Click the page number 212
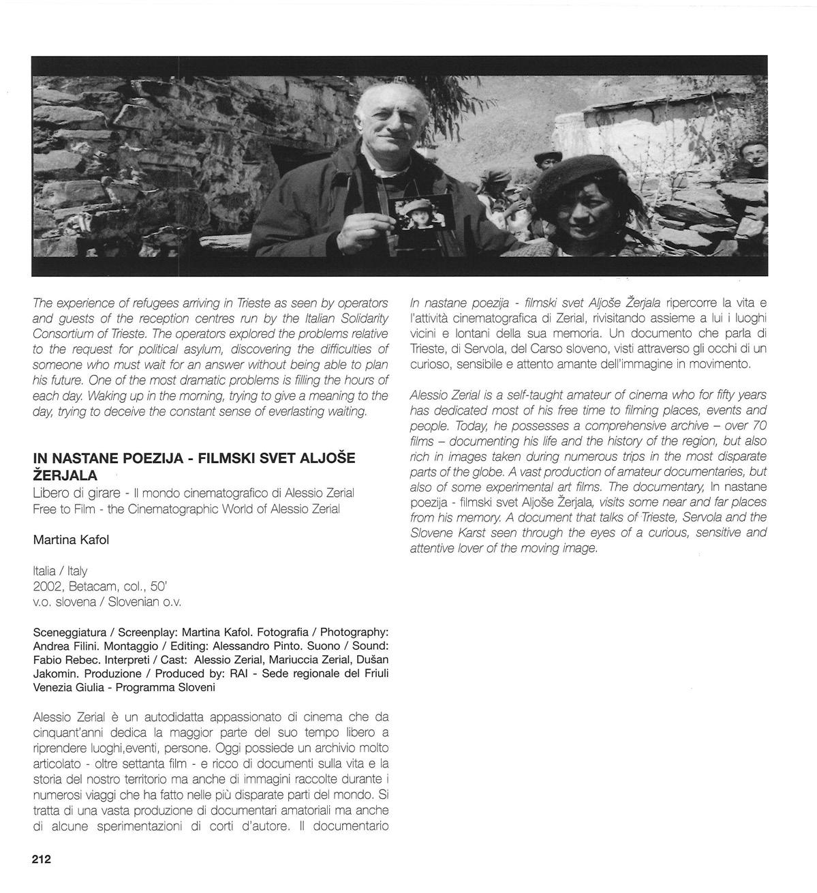coord(42,859)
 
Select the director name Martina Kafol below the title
coord(71,540)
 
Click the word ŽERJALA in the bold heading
coord(65,475)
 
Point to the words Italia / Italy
coord(60,571)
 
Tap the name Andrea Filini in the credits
coord(67,646)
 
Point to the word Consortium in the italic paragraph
coord(63,333)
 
